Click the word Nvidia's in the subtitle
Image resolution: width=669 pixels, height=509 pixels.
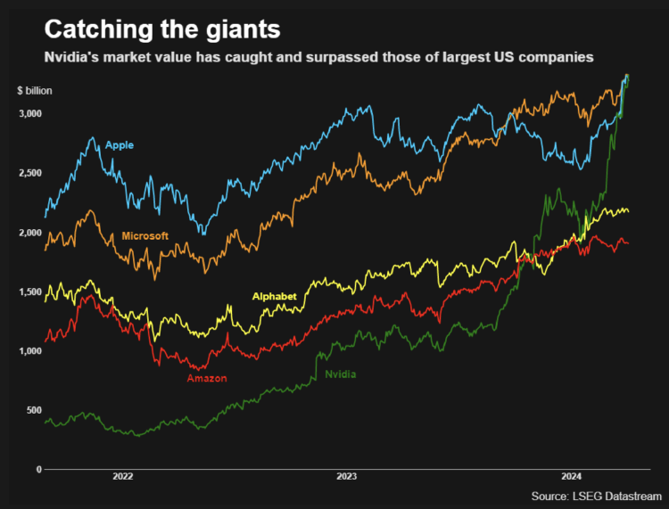(x=74, y=57)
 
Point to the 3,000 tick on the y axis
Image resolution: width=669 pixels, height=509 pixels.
(x=29, y=114)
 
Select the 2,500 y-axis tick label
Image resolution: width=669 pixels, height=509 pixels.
(x=29, y=173)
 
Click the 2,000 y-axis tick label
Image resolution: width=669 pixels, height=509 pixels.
(x=29, y=233)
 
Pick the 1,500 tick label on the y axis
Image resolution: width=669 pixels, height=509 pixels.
(x=29, y=292)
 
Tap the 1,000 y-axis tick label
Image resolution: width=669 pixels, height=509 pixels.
(x=29, y=351)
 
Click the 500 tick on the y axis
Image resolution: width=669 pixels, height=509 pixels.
(x=34, y=410)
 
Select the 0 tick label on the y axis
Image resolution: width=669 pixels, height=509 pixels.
(x=39, y=470)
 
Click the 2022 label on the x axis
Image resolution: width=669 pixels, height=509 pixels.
(x=123, y=476)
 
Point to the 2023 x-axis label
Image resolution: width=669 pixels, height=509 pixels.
(x=347, y=476)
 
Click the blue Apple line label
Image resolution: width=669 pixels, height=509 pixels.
(x=120, y=144)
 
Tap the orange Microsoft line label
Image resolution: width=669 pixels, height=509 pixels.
(x=145, y=236)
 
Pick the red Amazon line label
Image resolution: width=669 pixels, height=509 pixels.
(x=207, y=378)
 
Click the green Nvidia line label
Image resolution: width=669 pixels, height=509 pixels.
(x=340, y=374)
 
